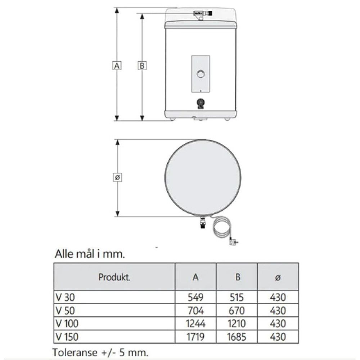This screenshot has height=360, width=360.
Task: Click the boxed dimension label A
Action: click(x=117, y=66)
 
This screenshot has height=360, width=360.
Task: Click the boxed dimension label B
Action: click(x=142, y=66)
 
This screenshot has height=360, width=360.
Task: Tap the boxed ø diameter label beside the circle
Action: click(x=118, y=177)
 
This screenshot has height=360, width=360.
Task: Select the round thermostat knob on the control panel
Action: click(x=201, y=74)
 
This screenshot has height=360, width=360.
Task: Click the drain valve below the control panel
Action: click(x=201, y=104)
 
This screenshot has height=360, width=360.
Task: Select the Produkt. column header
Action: click(x=114, y=277)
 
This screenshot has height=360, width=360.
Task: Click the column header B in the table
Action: click(x=238, y=277)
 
